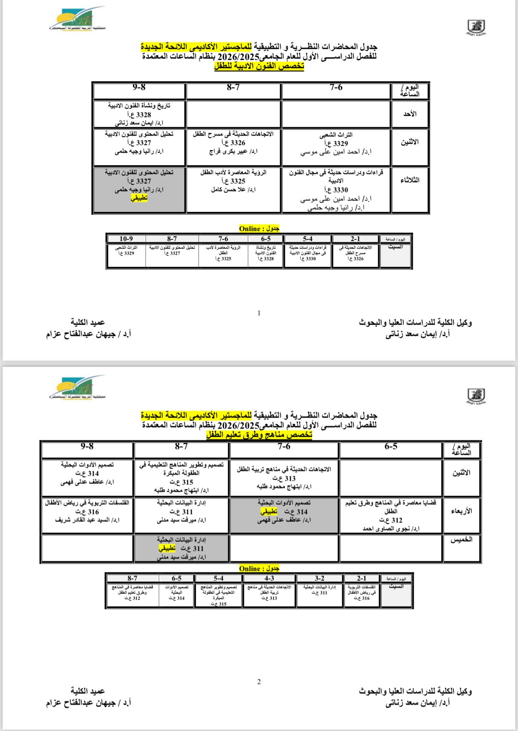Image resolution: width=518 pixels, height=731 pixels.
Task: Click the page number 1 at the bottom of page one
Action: [x=259, y=313]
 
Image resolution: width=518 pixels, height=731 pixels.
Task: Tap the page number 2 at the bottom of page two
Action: [x=259, y=682]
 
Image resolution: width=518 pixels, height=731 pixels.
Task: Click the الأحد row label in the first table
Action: [x=410, y=114]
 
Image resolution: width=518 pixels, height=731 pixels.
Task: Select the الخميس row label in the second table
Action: [x=461, y=539]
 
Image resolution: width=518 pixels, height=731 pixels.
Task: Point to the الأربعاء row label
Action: [x=461, y=511]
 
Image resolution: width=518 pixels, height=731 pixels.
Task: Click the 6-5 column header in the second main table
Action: [x=391, y=447]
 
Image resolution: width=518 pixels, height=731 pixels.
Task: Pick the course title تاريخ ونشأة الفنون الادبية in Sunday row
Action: [x=139, y=106]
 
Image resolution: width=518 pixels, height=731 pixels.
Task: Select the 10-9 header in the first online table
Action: [x=126, y=239]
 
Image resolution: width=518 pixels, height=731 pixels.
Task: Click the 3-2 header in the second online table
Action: [x=319, y=578]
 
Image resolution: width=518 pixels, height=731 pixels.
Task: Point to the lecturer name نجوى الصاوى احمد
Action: [x=391, y=529]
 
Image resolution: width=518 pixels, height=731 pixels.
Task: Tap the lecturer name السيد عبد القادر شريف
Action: [x=87, y=520]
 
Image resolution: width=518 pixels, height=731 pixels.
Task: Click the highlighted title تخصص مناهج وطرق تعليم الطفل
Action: [x=259, y=435]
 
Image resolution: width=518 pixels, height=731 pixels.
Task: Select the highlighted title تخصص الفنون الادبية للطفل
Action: [x=259, y=66]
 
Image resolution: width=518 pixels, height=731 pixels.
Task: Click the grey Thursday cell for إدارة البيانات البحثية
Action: [x=181, y=548]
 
